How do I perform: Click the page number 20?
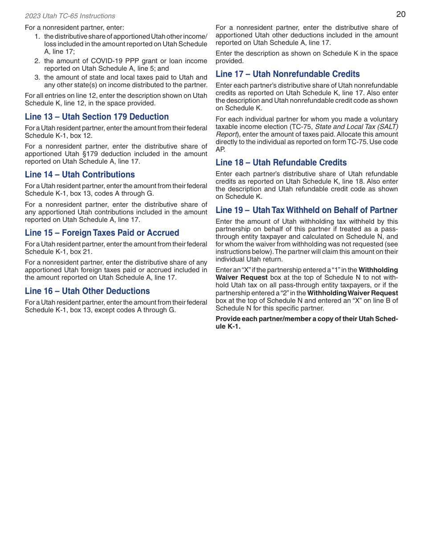(x=401, y=14)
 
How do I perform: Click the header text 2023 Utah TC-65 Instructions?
(x=70, y=16)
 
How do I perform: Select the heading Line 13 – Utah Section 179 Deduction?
(x=97, y=117)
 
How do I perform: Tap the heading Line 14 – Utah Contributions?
(x=80, y=175)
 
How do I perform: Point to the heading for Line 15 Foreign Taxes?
(x=102, y=233)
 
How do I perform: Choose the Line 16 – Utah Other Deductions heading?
(x=87, y=291)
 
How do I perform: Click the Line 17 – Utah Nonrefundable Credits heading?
(x=288, y=74)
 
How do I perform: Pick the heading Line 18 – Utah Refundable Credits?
(x=281, y=163)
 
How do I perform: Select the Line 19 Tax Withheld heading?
(x=306, y=210)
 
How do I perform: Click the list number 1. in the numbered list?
(x=37, y=36)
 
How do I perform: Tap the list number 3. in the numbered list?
(x=37, y=77)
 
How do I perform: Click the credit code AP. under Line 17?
(x=220, y=149)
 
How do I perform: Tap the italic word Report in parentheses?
(x=226, y=134)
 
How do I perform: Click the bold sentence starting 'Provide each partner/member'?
(x=306, y=323)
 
